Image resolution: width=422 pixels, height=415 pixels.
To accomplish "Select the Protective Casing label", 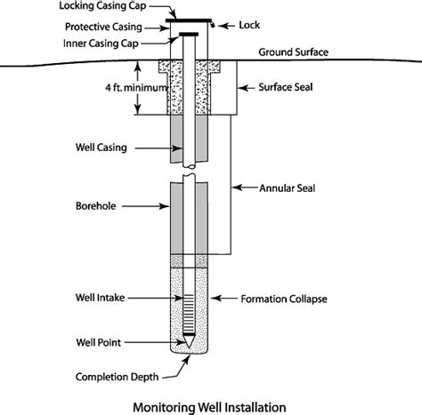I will pyautogui.click(x=116, y=25).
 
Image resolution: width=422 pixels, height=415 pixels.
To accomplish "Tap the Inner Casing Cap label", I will pyautogui.click(x=114, y=42).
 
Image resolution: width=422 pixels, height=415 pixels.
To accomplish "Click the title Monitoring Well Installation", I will pyautogui.click(x=210, y=406).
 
